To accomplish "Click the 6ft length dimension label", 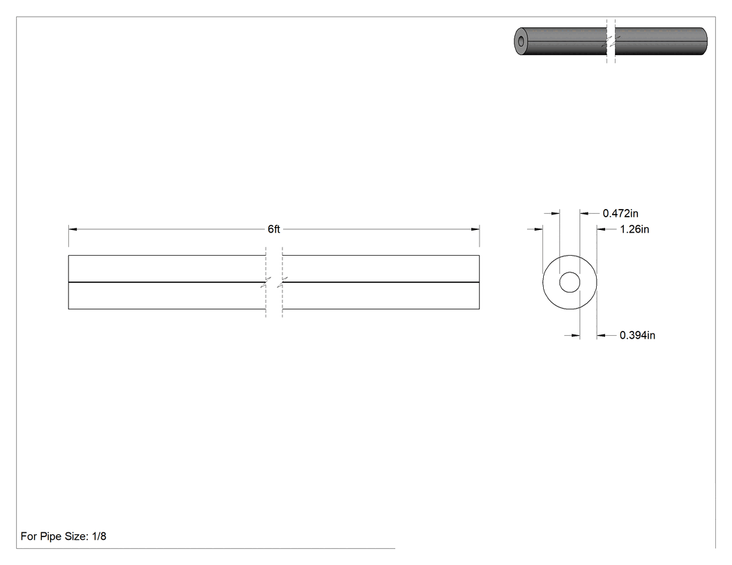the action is click(273, 229).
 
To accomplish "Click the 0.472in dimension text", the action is click(620, 213).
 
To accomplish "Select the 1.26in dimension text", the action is click(634, 229).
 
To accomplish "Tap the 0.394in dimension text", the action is click(637, 335).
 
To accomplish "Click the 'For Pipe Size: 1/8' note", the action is click(63, 536).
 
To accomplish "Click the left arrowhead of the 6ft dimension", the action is click(73, 229).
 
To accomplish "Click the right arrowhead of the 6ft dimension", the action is click(475, 229).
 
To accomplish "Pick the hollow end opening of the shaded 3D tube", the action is click(521, 42).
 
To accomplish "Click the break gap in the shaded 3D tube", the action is click(611, 41).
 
